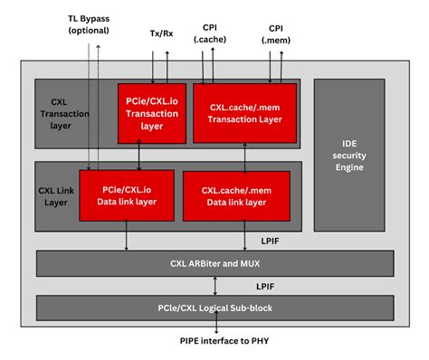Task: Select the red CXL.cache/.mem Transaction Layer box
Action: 243,113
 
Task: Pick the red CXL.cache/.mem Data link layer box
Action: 236,195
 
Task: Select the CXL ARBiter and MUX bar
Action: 214,264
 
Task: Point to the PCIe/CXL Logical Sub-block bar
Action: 214,308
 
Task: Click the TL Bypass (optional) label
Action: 89,24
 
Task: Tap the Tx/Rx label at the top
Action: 163,33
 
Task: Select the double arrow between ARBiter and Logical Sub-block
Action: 214,286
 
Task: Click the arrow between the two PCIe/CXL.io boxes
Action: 138,156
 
